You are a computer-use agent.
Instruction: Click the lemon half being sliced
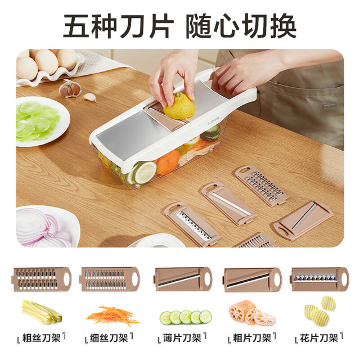click(179, 106)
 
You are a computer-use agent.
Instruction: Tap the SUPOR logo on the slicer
click(213, 121)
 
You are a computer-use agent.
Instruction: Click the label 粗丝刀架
click(41, 338)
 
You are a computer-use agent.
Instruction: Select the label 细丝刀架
click(109, 338)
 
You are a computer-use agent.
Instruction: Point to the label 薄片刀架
click(182, 338)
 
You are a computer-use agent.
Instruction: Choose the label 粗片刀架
click(252, 338)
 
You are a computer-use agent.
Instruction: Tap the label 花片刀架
click(319, 338)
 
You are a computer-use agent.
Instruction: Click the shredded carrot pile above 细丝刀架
click(112, 316)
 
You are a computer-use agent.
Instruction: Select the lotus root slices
click(251, 313)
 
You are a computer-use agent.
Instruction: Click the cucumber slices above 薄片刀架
click(186, 317)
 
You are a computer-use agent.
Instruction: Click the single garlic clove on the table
click(89, 97)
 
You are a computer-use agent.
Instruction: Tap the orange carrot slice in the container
click(168, 162)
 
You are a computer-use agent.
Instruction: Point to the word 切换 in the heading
click(269, 26)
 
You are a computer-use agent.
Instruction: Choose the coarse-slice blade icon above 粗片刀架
click(253, 280)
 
